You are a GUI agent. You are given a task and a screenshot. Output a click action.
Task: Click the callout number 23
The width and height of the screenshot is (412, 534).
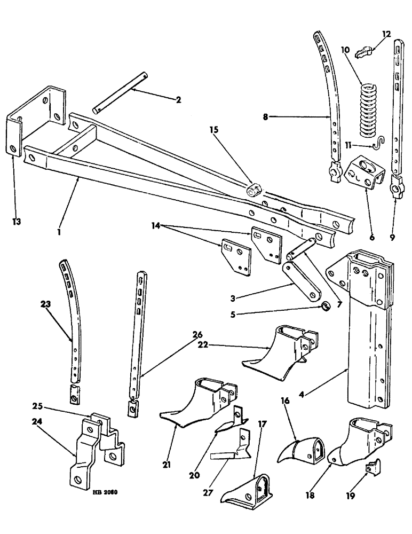45,305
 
